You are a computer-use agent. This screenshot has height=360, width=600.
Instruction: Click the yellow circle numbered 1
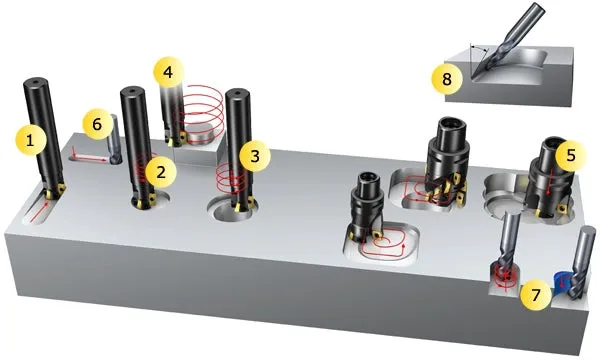[30, 140]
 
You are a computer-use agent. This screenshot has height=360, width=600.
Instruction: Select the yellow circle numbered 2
[161, 172]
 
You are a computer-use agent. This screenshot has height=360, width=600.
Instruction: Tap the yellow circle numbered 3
[255, 156]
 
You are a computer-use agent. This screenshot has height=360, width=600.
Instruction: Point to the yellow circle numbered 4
[169, 72]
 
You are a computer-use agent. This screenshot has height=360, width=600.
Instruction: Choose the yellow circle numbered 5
[571, 155]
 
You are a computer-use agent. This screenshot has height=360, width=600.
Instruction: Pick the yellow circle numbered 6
[97, 124]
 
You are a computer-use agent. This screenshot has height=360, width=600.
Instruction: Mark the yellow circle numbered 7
[535, 295]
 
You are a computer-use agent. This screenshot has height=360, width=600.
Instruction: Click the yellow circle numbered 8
[447, 80]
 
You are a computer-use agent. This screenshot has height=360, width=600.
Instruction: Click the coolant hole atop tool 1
[36, 81]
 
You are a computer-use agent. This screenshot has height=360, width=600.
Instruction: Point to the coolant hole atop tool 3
[238, 92]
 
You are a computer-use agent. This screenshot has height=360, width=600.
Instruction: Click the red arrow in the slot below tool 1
[40, 212]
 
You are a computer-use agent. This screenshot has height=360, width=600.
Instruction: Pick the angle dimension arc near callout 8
[479, 47]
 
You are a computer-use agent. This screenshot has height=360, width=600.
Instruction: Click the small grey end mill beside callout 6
[114, 140]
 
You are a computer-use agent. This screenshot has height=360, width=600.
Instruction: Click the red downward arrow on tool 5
[549, 180]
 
